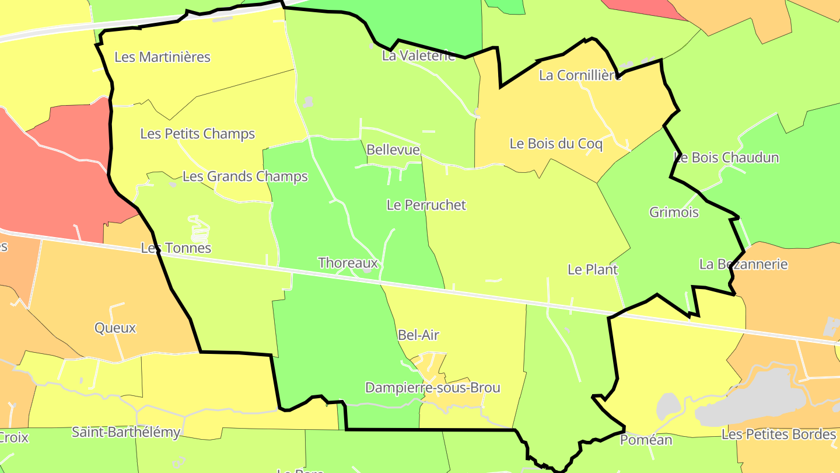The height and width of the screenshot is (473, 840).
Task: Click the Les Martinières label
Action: [162, 57]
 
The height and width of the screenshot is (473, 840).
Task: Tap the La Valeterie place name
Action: [418, 56]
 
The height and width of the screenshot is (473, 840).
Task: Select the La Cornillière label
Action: [580, 75]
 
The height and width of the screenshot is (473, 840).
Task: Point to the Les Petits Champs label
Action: [198, 134]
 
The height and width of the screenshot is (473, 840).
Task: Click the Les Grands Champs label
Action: [245, 176]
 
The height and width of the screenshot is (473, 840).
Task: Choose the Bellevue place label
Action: [393, 150]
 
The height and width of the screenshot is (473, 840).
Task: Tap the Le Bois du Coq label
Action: [556, 144]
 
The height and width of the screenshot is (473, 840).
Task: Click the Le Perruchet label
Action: [426, 205]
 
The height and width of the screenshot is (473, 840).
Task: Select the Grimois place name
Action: [674, 213]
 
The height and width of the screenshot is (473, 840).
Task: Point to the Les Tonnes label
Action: [176, 248]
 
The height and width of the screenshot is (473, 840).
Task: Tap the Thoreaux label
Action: [348, 263]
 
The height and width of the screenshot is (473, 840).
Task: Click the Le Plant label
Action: [593, 270]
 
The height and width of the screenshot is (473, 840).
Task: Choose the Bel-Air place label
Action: [418, 335]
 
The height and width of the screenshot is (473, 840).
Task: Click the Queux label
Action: [115, 328]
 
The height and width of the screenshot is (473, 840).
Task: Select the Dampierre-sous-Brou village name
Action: [433, 388]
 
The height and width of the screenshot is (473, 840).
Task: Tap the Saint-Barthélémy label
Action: [126, 433]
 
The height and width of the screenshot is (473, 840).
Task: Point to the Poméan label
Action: [646, 440]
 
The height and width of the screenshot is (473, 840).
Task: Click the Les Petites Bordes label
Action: [779, 434]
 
